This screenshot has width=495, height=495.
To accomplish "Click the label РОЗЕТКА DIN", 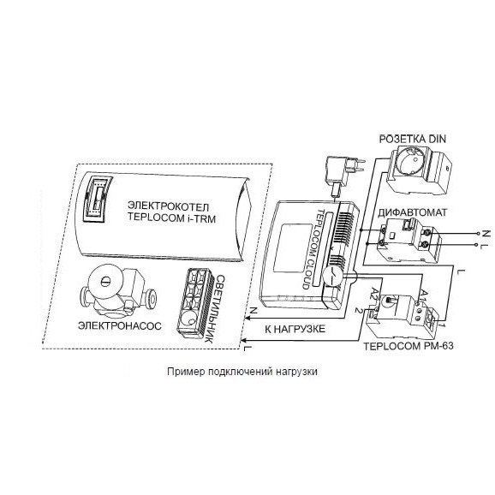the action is click(412, 139).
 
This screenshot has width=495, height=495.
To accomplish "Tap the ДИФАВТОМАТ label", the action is click(412, 212).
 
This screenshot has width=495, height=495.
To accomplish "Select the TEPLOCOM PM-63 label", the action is click(409, 346).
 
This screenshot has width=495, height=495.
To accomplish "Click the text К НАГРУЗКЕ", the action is click(295, 329).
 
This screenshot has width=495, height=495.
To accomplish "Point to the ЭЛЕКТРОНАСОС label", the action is click(120, 325).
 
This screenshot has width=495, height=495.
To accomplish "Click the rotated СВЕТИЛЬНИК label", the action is click(215, 309).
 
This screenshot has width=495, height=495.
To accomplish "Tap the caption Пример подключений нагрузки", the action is click(242, 372).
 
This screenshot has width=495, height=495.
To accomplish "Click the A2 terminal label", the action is click(374, 294).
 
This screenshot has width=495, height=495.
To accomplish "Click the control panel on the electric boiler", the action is click(97, 199).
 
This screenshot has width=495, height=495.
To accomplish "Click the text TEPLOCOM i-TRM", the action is click(171, 218).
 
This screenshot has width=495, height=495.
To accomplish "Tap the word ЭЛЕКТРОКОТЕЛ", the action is click(168, 206).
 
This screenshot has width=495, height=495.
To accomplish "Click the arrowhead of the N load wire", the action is click(247, 319).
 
